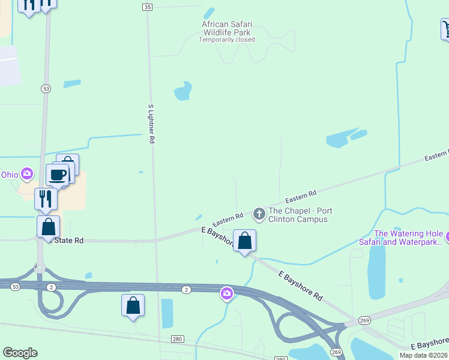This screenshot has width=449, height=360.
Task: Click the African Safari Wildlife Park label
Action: coord(226,28)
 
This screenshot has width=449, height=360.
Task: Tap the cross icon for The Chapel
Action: coord(259,213)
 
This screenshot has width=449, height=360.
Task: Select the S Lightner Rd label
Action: coord(151,124)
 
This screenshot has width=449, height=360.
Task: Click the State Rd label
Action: coord(68,241)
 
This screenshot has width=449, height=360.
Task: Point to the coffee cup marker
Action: coord(58,175)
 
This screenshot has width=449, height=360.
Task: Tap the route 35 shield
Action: coord(148,7)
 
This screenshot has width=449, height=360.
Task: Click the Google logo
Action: coord(20,353)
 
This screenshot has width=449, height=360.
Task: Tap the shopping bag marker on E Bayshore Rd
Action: coord(244,241)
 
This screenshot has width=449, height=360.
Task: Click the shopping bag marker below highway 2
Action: coord(133,305)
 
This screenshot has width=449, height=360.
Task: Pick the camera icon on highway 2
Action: coord(227,293)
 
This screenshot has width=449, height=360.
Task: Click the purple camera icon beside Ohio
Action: coord(26,175)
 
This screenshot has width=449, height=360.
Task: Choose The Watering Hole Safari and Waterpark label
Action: coord(409,238)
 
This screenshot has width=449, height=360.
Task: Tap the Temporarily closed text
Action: coord(227,40)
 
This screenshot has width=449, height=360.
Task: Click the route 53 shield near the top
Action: coord(46,88)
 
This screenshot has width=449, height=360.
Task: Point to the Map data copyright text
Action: coord(423,355)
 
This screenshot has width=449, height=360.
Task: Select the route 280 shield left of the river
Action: coord(177,339)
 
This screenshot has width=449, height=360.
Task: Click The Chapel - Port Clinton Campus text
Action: coord(300,215)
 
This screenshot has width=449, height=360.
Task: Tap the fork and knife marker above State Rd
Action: coord(46,198)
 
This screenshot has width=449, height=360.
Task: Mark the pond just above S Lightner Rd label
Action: coord(182,91)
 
